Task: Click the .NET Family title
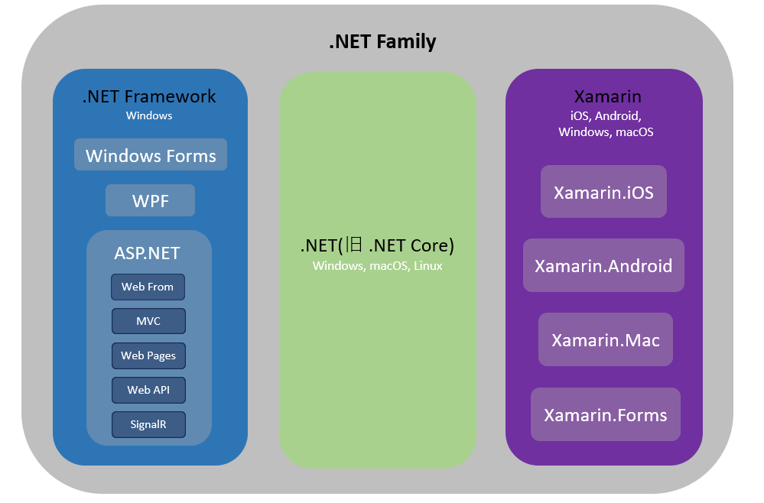tap(382, 41)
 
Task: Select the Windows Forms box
tap(151, 154)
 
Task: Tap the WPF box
tap(150, 200)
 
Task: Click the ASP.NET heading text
tap(147, 253)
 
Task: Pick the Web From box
tap(148, 287)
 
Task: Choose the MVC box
tap(148, 321)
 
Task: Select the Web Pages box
tap(148, 355)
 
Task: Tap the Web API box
tap(148, 390)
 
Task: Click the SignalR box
tap(148, 424)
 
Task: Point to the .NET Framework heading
tap(149, 96)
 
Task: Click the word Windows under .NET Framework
tap(149, 115)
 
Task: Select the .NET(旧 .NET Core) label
tap(377, 245)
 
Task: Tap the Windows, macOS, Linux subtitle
tap(378, 266)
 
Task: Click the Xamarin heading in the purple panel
tap(607, 96)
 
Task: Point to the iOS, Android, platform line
tap(606, 116)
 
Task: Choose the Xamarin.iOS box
tap(603, 191)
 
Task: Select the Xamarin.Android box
tap(603, 265)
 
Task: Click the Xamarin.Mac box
tap(606, 339)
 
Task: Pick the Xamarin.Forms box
tap(606, 414)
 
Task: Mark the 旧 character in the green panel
tap(354, 245)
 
